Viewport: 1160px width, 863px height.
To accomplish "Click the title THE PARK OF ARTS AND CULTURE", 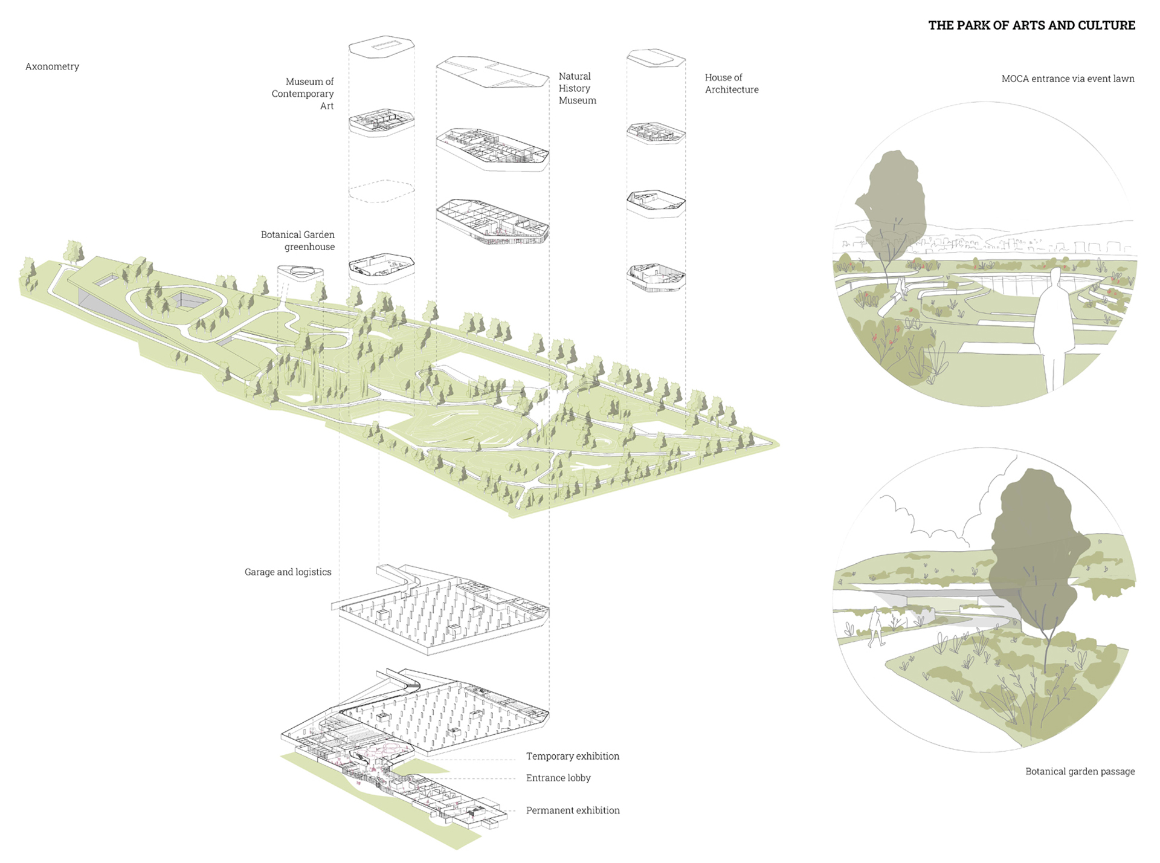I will click(x=1031, y=25).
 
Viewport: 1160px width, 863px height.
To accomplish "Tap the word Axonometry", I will click(x=52, y=66).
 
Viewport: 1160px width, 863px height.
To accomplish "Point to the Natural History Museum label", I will click(x=576, y=88).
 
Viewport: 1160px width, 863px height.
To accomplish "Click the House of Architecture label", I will click(x=731, y=83).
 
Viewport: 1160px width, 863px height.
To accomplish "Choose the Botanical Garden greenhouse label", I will click(x=298, y=241).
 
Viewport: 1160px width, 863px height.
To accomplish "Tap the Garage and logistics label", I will click(x=288, y=572).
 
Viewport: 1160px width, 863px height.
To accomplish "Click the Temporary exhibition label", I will click(x=572, y=756).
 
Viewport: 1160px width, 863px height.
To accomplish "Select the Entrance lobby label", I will click(x=558, y=778).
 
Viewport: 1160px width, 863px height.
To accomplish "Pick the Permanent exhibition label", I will click(x=572, y=810).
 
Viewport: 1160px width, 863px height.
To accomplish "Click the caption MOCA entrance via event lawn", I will click(x=1068, y=79).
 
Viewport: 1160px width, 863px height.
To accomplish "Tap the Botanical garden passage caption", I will click(x=1080, y=771).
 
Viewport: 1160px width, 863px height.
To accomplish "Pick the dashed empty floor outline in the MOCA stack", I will click(x=381, y=190).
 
